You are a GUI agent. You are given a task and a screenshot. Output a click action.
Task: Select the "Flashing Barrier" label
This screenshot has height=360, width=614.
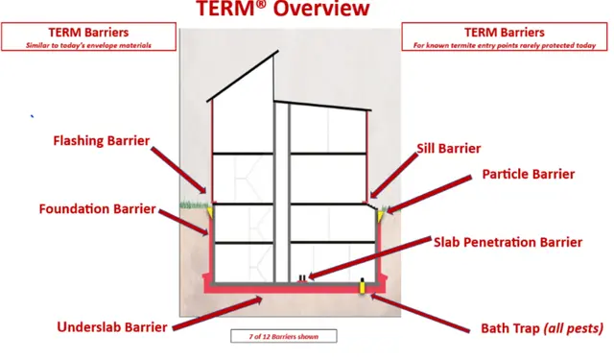coord(101,141)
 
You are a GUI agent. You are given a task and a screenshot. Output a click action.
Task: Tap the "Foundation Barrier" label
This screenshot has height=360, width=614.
coord(97,208)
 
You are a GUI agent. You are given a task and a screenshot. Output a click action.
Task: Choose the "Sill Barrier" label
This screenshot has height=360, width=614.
coord(449,149)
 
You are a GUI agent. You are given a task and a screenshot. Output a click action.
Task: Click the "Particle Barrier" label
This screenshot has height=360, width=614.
coord(528,174)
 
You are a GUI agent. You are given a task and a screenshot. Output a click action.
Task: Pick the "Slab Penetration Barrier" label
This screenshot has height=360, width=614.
coord(508,242)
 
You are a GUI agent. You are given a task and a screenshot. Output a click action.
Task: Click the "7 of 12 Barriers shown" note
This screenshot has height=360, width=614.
coord(284,336)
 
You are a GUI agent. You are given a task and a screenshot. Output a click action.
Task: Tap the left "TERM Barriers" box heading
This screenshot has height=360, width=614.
coord(88,32)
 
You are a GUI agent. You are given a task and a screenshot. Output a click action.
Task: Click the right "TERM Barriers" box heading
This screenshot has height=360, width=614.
coord(506,32)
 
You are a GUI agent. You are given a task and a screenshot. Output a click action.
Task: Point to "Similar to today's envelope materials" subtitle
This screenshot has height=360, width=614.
coord(88,44)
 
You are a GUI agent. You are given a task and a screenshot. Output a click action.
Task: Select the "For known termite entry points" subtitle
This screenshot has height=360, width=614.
coord(506,44)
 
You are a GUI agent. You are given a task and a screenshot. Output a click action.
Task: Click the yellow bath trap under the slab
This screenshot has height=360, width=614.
coord(363,285)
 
